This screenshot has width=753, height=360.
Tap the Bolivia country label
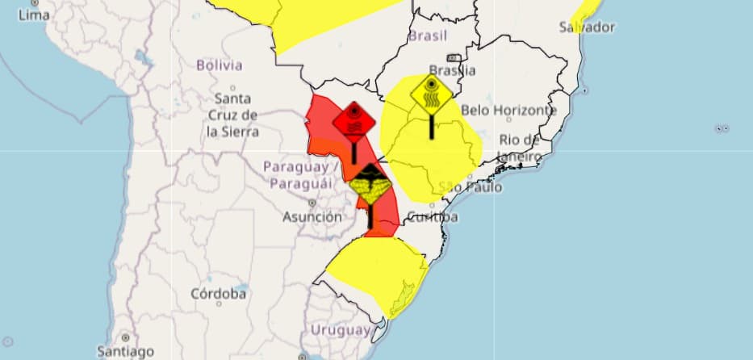click(219, 65)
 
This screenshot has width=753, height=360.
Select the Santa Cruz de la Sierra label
click(232, 115)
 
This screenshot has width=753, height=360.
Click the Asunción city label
click(312, 216)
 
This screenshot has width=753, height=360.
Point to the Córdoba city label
click(218, 294)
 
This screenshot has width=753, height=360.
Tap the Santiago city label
click(124, 351)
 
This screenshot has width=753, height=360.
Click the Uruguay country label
click(341, 329)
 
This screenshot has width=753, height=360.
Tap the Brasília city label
click(453, 70)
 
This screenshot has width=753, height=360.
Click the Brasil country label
click(428, 36)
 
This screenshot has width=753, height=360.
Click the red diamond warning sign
click(353, 123)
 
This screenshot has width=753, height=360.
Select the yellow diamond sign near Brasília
click(432, 94)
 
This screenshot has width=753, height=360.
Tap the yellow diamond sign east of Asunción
click(370, 188)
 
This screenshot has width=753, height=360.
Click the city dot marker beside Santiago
click(124, 337)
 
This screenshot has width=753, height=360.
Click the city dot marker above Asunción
click(312, 203)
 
